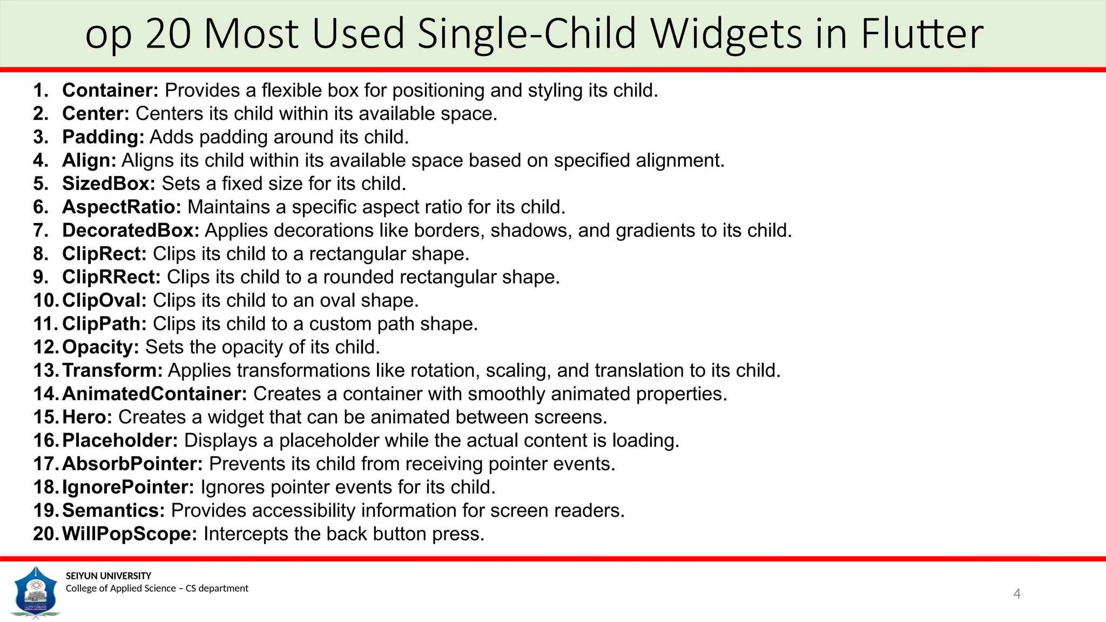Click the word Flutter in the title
tap(922, 33)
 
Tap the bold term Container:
tap(110, 90)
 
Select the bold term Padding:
tap(103, 137)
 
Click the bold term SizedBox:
tap(109, 184)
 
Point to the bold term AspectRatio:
tap(122, 207)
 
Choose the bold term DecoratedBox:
tap(131, 231)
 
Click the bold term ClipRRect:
tap(111, 277)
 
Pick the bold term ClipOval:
tap(104, 300)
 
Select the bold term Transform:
tap(112, 370)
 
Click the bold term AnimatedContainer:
tap(154, 394)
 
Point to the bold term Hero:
tap(87, 417)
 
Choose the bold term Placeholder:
tap(120, 441)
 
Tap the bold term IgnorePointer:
tap(128, 487)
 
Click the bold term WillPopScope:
tap(130, 534)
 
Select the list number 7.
tap(41, 231)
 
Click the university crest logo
tap(36, 592)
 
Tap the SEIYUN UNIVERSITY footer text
tap(109, 576)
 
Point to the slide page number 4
tap(1017, 594)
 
